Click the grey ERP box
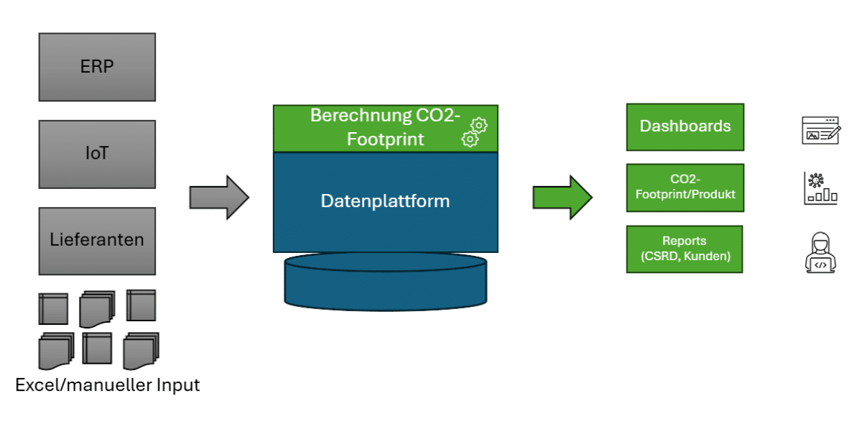(x=97, y=67)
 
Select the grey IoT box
(x=97, y=154)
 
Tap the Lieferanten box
(x=97, y=241)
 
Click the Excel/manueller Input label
(x=108, y=385)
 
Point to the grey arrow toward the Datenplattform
(x=218, y=196)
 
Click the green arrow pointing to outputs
(x=562, y=196)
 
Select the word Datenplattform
(x=385, y=201)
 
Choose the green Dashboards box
(x=685, y=126)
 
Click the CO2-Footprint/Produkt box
(x=685, y=188)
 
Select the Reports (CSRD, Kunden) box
(x=685, y=249)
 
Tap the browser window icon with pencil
(x=821, y=130)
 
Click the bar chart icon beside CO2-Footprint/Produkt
(x=820, y=188)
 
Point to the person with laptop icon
(x=821, y=252)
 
